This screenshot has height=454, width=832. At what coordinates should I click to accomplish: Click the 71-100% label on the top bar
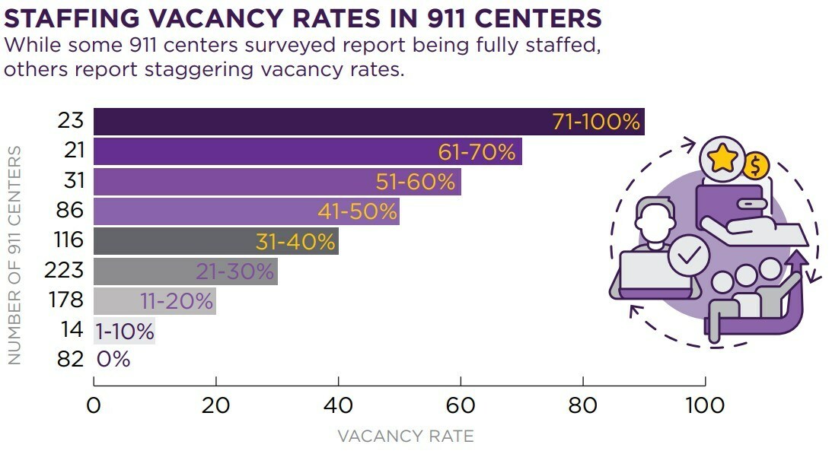(597, 122)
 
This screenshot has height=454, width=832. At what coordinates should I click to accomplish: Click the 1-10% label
(125, 332)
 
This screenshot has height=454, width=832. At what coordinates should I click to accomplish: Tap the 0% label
(113, 359)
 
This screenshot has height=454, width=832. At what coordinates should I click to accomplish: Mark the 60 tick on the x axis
(461, 405)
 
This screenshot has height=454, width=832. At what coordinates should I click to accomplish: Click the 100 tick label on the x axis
(705, 405)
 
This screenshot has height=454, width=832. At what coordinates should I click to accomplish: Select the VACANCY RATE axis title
(406, 437)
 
